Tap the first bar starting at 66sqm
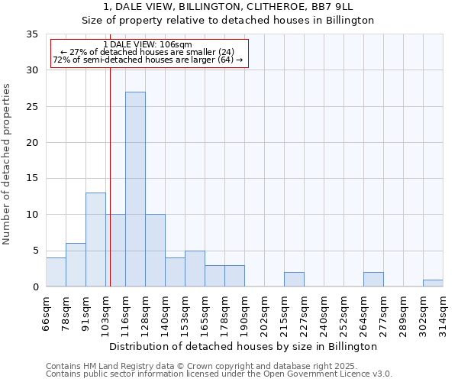click(x=56, y=272)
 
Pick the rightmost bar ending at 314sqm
click(x=433, y=283)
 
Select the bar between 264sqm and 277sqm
click(x=373, y=279)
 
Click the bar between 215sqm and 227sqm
click(x=294, y=279)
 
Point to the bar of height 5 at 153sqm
click(x=195, y=268)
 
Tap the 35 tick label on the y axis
click(x=32, y=34)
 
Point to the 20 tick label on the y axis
click(x=32, y=143)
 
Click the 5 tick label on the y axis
click(x=35, y=251)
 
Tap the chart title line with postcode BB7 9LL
click(x=227, y=7)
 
